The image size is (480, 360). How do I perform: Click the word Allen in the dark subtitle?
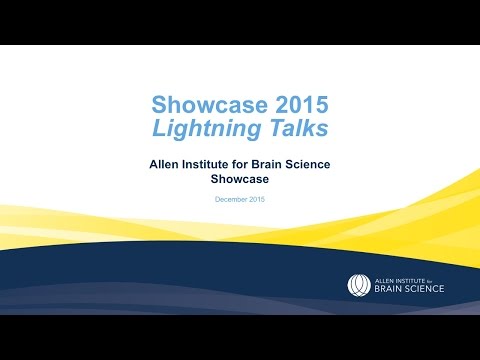coord(166,161)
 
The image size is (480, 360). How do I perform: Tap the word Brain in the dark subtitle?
coord(278,161)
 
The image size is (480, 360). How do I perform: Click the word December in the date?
coord(232,200)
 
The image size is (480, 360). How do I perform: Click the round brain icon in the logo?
coord(358,285)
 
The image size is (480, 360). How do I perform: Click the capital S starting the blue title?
coord(159,104)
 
